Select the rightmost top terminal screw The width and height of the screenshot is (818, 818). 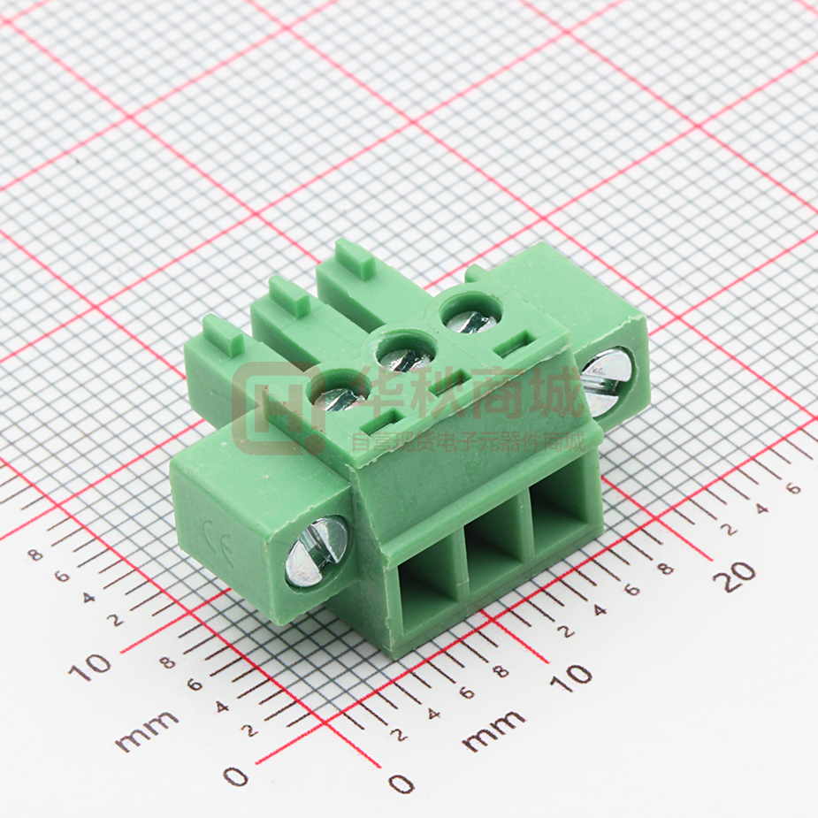[470, 313]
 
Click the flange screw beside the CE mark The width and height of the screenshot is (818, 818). [317, 552]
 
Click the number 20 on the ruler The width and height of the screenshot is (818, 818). [738, 576]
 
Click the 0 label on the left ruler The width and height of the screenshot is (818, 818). [235, 776]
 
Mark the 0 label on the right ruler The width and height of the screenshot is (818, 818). [401, 784]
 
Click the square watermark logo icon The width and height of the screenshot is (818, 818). [276, 409]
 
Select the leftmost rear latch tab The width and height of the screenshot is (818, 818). [223, 333]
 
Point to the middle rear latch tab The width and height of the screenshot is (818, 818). [289, 295]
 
